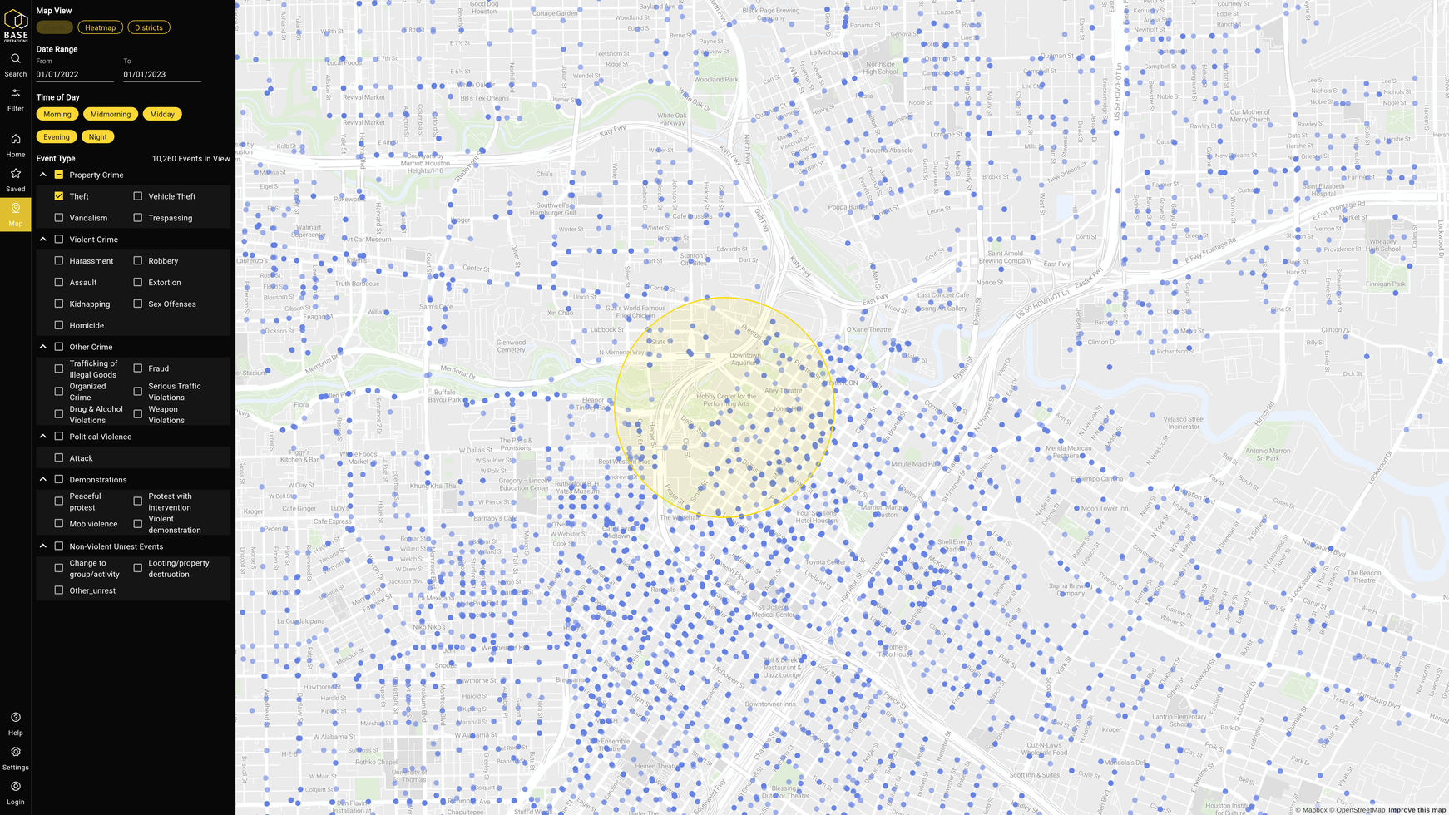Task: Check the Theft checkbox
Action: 59,196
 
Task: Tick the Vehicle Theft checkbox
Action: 138,196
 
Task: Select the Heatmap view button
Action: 100,27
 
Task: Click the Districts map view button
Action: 149,27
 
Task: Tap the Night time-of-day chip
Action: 97,136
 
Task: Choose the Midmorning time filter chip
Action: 111,114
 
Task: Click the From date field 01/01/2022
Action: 74,74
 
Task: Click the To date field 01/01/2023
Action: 161,74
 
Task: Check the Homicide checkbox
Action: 59,325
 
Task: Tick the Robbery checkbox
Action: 138,261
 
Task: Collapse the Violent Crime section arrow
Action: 43,240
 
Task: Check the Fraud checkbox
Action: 138,368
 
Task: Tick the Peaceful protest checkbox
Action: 59,501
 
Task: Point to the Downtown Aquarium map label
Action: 745,358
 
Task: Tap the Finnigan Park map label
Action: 1385,284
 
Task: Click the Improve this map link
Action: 1417,810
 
